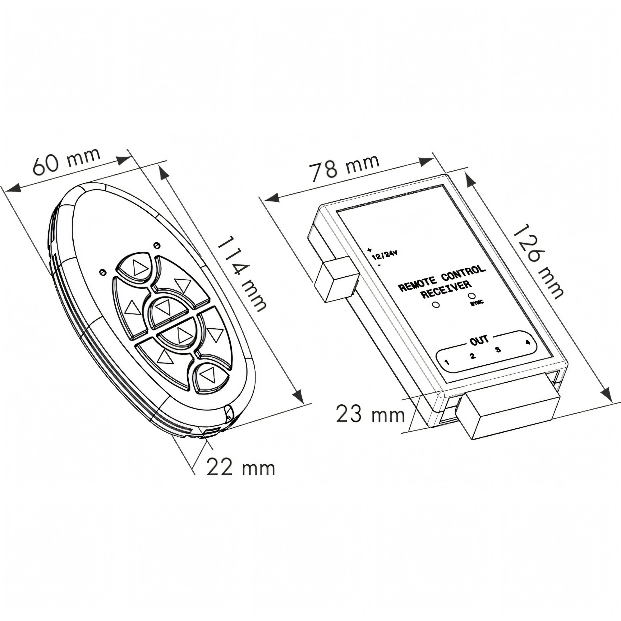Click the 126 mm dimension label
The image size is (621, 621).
point(537,261)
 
